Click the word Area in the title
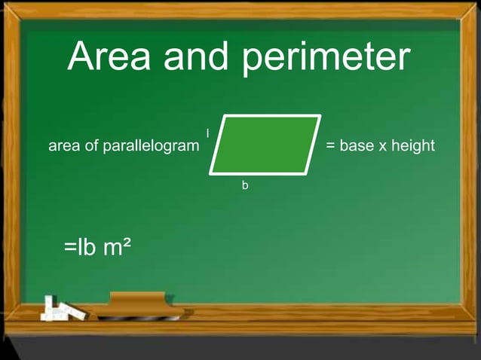[x=111, y=57]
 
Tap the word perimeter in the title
[x=326, y=59]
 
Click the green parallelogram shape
[x=265, y=144]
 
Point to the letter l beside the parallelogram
[x=207, y=133]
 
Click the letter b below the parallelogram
[x=244, y=185]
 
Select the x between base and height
[x=383, y=146]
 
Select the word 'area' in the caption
[x=63, y=146]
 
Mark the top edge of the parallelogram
[x=271, y=117]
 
